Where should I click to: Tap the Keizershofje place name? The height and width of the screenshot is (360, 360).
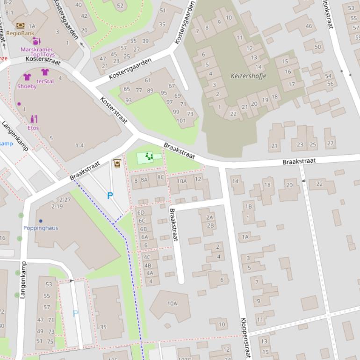coord(248,76)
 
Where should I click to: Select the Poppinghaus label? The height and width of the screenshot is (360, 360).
coord(41,228)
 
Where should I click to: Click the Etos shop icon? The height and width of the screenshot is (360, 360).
coord(33,119)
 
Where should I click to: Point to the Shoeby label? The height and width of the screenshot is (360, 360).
coord(27,86)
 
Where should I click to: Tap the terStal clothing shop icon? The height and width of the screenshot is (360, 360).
coord(45,72)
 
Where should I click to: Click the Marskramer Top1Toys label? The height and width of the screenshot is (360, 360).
coord(36,52)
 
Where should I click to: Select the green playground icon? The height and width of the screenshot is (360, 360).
coord(149,157)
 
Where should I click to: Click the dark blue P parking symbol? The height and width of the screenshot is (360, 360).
coord(110,196)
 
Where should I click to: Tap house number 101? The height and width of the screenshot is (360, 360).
coord(181,121)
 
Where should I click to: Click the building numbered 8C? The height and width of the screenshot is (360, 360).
coord(160,177)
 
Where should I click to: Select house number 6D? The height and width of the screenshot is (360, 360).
coord(141,213)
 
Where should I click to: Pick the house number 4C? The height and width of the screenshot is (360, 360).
coord(147,257)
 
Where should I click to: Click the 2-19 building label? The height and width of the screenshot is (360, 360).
coord(57,206)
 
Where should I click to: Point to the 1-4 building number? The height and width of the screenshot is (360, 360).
coord(79,145)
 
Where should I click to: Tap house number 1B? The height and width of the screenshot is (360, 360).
coord(248,206)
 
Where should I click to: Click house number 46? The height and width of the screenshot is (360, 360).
coord(309,26)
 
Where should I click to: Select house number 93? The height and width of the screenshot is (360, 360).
coord(128,101)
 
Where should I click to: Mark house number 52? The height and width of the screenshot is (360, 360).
coord(121,6)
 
